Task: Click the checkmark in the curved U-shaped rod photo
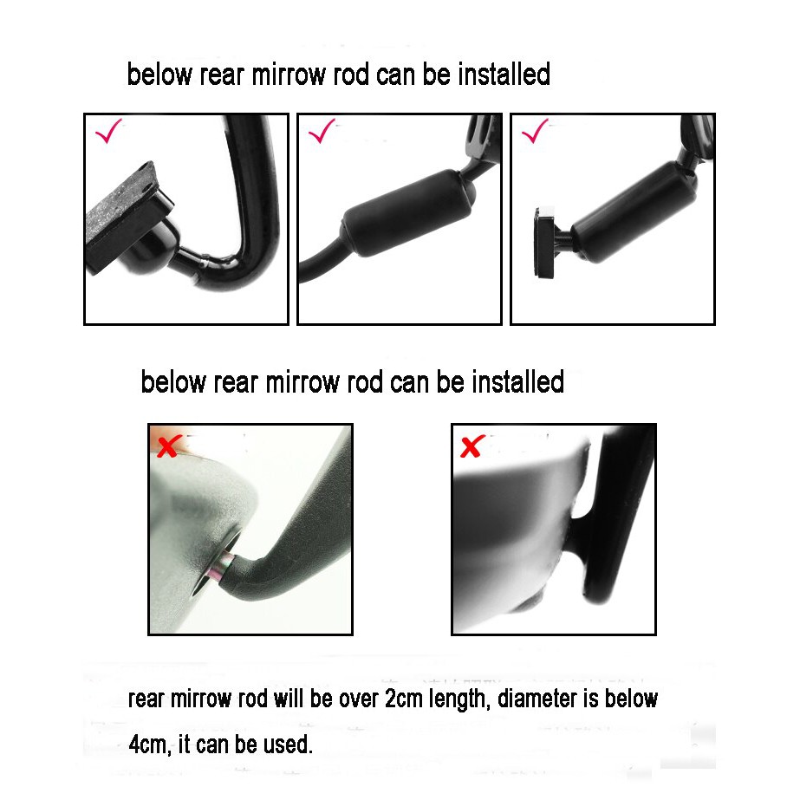[108, 133]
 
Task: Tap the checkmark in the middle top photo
[322, 133]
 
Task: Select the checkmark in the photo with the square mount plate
[535, 132]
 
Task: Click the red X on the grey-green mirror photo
[168, 447]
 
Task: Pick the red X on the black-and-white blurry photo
[472, 447]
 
